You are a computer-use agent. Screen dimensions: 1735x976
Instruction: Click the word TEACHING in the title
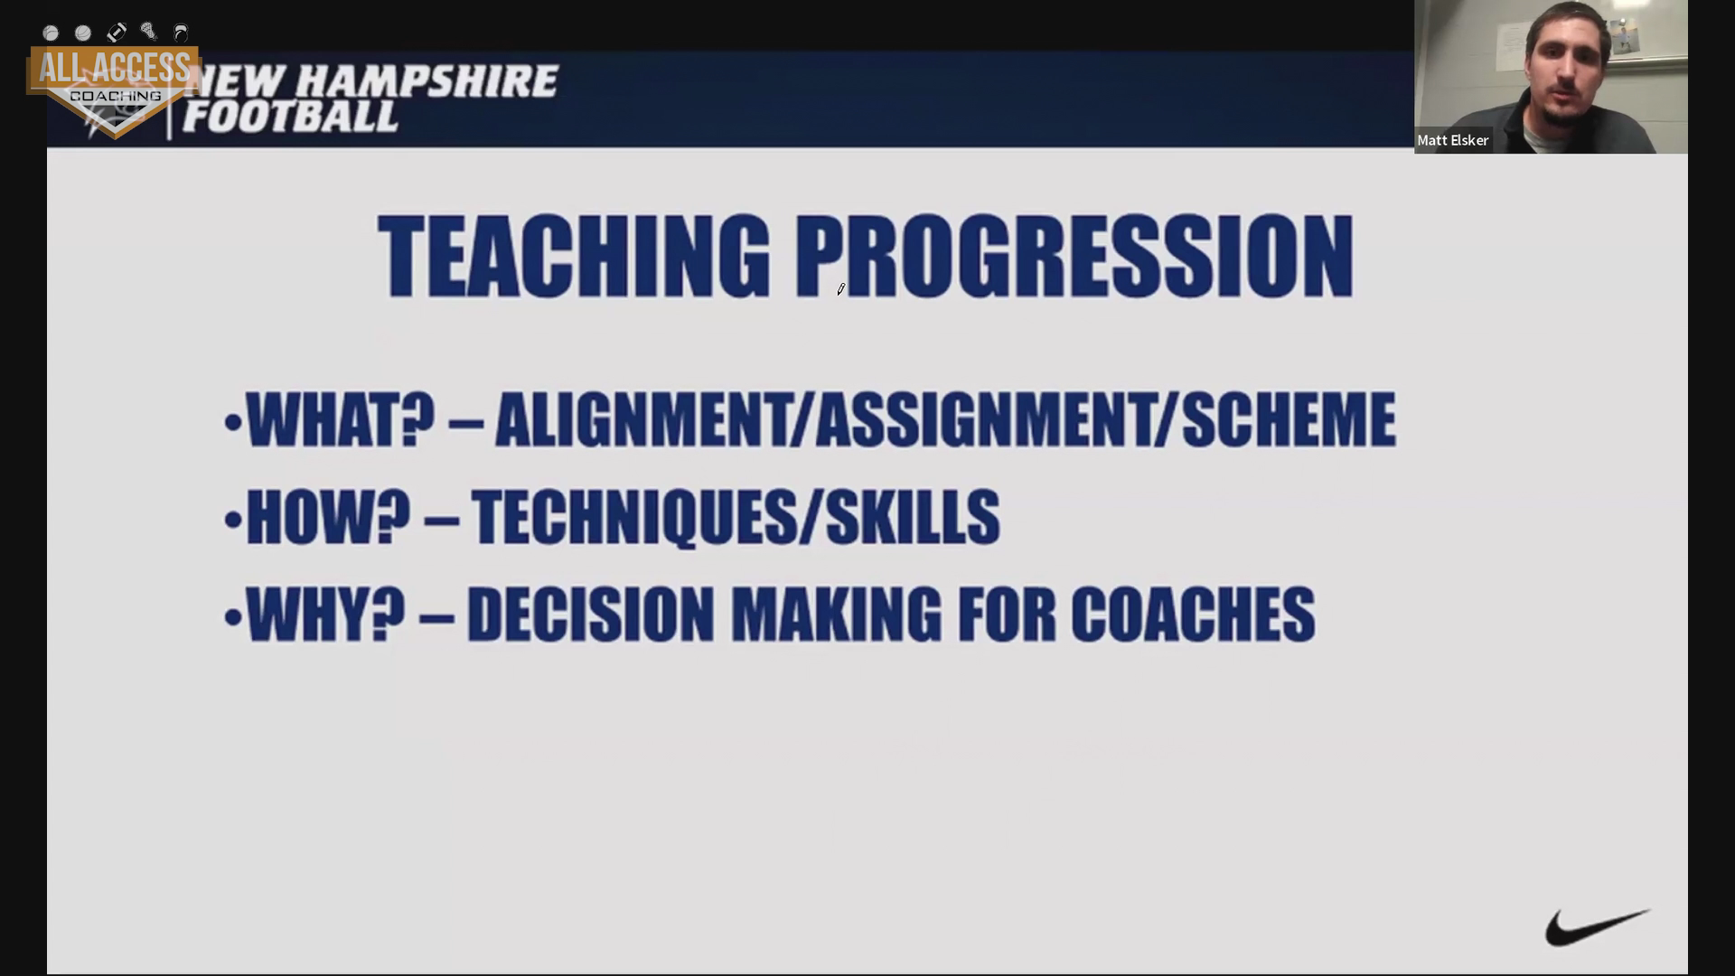[574, 257]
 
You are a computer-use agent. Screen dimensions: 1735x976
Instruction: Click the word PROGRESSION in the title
[1074, 257]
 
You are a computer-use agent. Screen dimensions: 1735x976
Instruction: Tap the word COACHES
[1193, 615]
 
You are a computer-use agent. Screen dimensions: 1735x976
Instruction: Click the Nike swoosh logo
[1596, 928]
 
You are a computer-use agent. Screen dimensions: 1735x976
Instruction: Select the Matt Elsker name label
[1453, 140]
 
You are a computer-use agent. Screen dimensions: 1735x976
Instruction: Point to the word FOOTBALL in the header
[290, 117]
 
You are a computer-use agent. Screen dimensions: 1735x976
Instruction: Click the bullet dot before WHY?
[233, 617]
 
